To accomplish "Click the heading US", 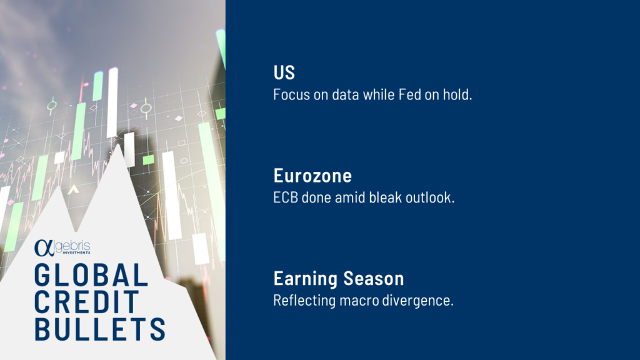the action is pos(284,72).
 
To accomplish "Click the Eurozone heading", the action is pos(312,176).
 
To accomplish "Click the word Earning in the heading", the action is pos(306,279).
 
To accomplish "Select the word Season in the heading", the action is pos(374,279).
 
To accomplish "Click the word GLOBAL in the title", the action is pos(91,275).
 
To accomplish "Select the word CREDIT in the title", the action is pos(87,302).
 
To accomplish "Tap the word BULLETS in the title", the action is pos(100,329).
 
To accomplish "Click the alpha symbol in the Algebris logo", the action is pos(44,248).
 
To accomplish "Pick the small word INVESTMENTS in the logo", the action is pos(76,252).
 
